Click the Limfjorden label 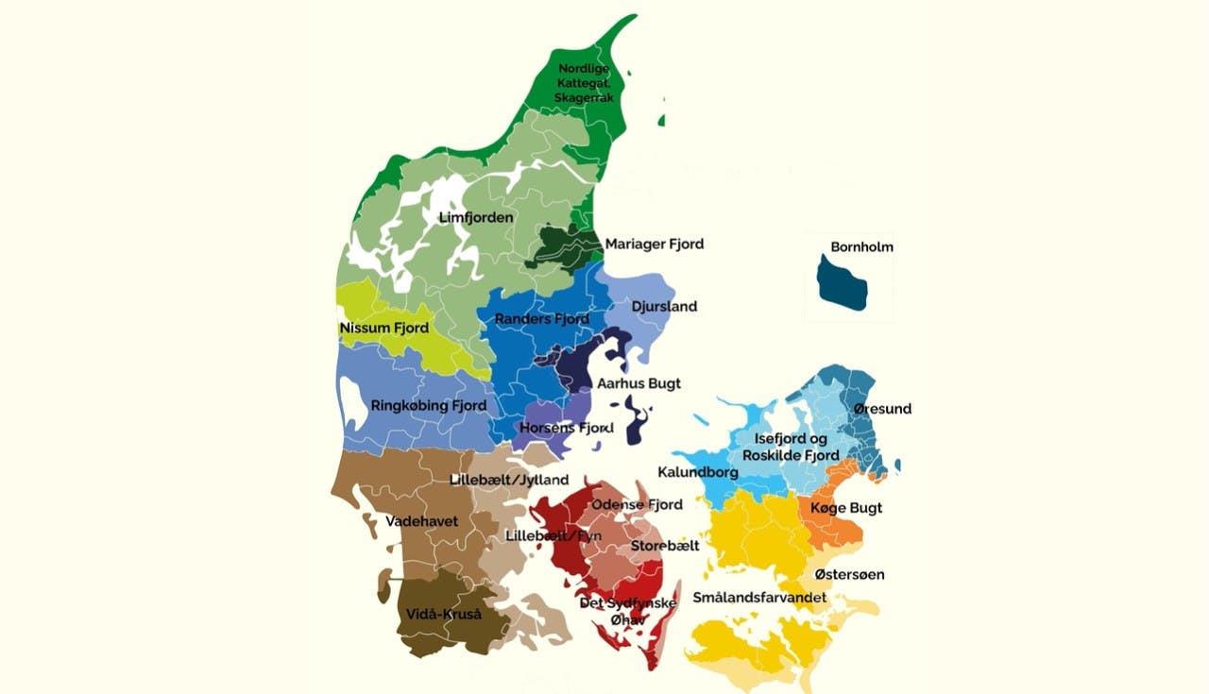pos(476,218)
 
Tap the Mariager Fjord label pos(654,245)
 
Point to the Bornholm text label pos(861,247)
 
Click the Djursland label pos(664,307)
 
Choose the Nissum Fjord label pos(383,329)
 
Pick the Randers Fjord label pos(542,319)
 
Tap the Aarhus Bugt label pos(639,384)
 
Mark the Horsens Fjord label pos(567,429)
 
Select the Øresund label pos(882,409)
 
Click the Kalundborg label pos(697,470)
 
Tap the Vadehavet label pos(421,521)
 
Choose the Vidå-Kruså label pos(443,615)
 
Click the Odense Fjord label pos(637,505)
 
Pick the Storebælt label pos(665,546)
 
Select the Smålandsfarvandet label pos(759,598)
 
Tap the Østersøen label pos(849,574)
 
